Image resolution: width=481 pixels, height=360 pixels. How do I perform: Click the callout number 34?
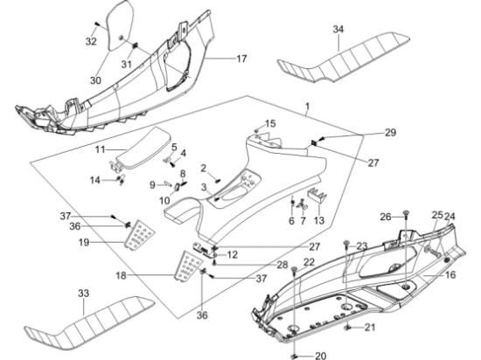point(338,30)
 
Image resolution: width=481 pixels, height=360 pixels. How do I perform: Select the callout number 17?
point(241,59)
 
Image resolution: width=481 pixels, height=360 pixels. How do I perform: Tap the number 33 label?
point(83,294)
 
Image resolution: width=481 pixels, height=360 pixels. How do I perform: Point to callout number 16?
point(450,275)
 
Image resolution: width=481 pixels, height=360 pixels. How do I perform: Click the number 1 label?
point(307,107)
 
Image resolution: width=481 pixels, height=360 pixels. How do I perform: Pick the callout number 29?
point(391,132)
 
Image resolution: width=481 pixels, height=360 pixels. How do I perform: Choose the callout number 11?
point(100,149)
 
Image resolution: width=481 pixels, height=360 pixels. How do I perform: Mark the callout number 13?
point(319,220)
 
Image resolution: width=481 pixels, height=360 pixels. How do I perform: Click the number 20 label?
point(321,356)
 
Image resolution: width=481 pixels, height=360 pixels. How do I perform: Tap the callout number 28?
point(282,265)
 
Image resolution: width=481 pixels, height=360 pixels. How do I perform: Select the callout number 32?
point(91,41)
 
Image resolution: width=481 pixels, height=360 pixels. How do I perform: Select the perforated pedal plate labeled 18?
point(189,266)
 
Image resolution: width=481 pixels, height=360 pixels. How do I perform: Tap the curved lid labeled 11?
point(143,147)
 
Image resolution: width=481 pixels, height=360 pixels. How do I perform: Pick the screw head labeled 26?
point(406,212)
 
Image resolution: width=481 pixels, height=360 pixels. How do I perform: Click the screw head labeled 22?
point(294,269)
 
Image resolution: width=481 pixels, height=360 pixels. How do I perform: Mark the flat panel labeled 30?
point(121,26)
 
